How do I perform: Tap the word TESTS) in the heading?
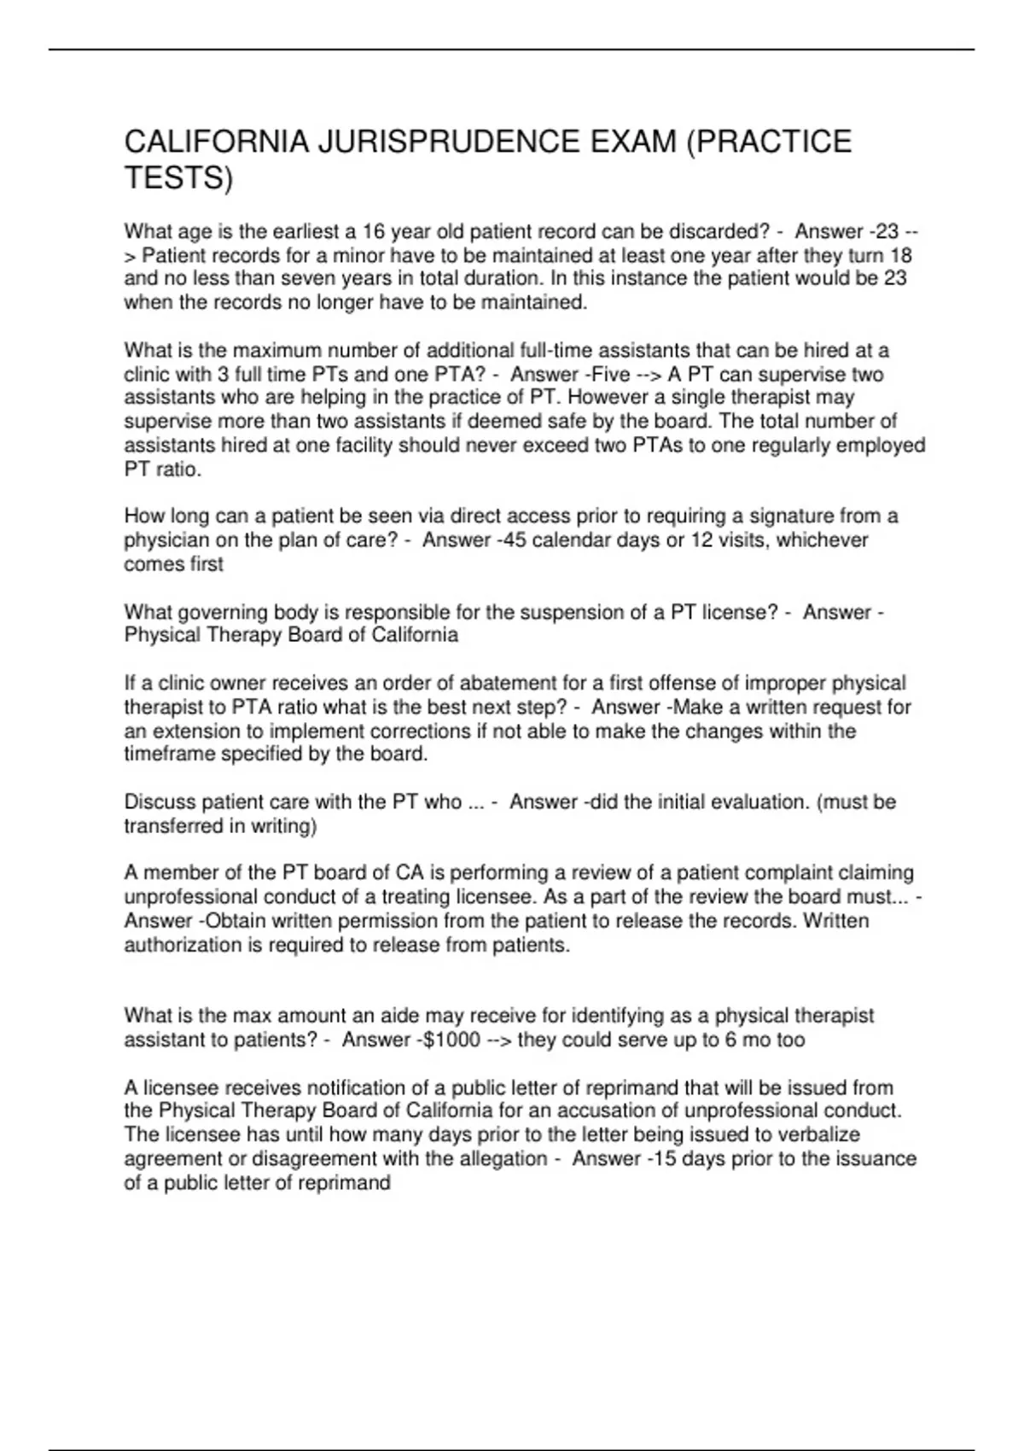(x=178, y=178)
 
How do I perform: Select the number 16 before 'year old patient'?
(x=374, y=231)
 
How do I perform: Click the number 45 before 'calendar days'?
(x=515, y=540)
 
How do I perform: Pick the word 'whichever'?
(x=822, y=540)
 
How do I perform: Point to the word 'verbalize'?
(x=818, y=1135)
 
